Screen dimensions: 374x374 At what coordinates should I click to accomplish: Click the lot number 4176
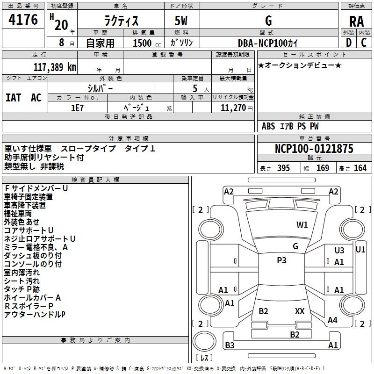pos(23,20)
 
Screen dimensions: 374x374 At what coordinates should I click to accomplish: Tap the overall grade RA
pos(356,22)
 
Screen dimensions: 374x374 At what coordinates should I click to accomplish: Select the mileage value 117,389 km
pos(55,67)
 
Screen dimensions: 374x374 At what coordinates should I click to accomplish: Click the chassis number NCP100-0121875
pos(314,148)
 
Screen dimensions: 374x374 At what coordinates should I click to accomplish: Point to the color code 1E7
pos(77,108)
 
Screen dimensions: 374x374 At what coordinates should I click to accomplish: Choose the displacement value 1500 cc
pos(147,43)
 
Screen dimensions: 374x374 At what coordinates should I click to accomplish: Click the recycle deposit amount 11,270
pos(233,108)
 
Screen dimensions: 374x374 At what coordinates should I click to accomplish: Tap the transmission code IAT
pos(14,98)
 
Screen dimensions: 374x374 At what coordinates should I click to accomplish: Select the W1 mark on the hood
pos(302,224)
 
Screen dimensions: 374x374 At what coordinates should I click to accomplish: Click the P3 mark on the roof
pos(281,260)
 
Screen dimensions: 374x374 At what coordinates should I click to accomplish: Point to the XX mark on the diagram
pos(300,311)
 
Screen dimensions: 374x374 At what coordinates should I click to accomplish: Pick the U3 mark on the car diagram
pos(339,250)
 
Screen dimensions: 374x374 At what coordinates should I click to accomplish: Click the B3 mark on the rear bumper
pos(230,345)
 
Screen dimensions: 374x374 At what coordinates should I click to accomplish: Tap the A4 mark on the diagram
pos(332,320)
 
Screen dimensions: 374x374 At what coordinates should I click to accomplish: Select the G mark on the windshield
pos(295,246)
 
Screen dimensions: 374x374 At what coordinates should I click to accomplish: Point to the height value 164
pos(360,168)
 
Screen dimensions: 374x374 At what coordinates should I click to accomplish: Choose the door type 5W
pos(181,21)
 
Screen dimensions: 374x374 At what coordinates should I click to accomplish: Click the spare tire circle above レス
pos(204,341)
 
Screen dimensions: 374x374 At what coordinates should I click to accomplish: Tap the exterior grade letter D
pos(349,43)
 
